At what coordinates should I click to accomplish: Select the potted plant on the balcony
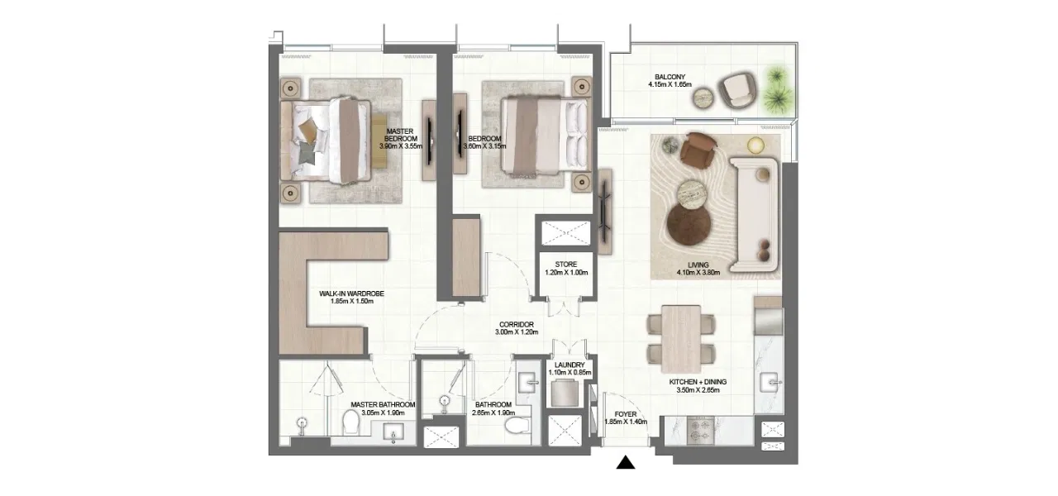click(777, 90)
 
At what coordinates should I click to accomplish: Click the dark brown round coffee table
click(689, 224)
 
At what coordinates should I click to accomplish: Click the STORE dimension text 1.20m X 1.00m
click(566, 274)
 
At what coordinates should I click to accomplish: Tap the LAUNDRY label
click(570, 365)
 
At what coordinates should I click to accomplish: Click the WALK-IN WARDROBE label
click(351, 293)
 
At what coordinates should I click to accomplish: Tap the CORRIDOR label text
click(517, 324)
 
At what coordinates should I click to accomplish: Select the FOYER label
click(626, 413)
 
